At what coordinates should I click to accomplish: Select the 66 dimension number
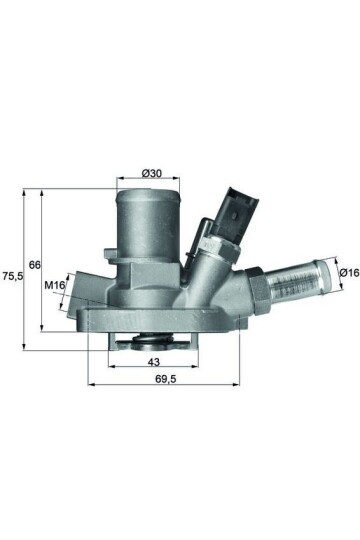click(x=34, y=265)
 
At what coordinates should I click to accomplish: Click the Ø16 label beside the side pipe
click(x=348, y=272)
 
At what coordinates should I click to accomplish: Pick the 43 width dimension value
click(x=154, y=361)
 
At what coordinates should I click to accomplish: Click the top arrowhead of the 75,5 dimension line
click(x=21, y=189)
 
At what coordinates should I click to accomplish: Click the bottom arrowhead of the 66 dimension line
click(x=42, y=328)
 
